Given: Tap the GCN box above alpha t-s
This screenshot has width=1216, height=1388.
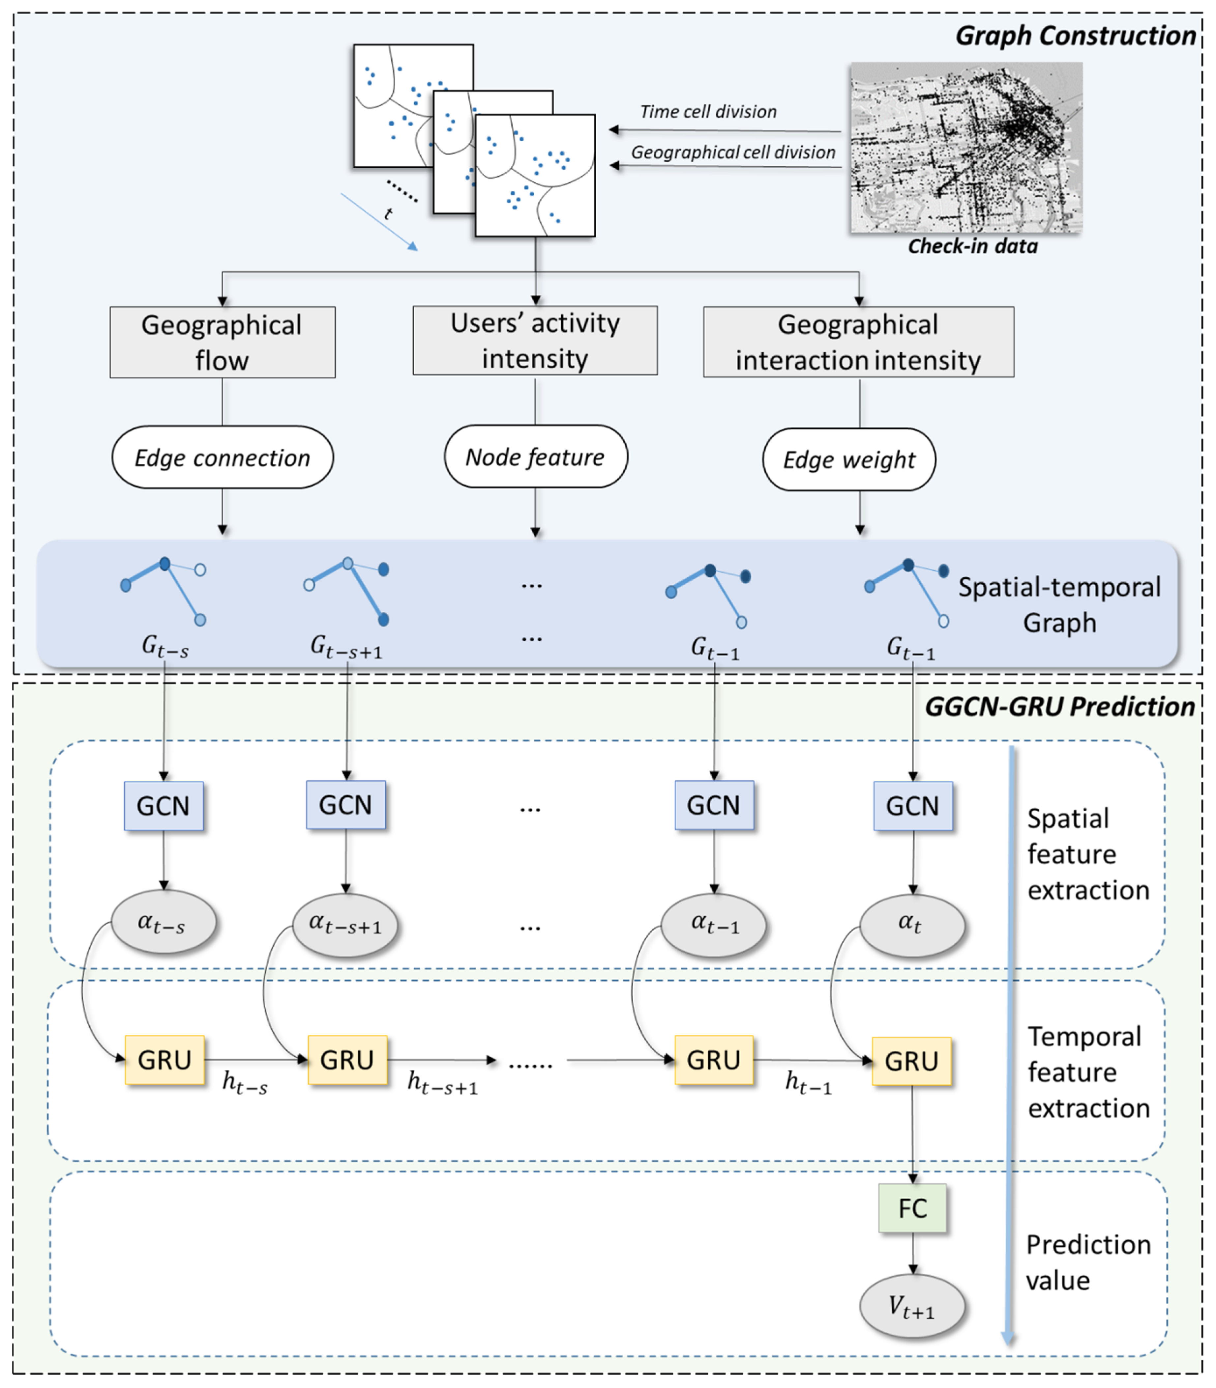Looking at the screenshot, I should (x=163, y=806).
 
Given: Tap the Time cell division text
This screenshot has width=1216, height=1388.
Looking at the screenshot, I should (x=708, y=112).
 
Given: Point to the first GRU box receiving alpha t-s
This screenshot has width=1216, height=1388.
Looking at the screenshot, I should (x=164, y=1060).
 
